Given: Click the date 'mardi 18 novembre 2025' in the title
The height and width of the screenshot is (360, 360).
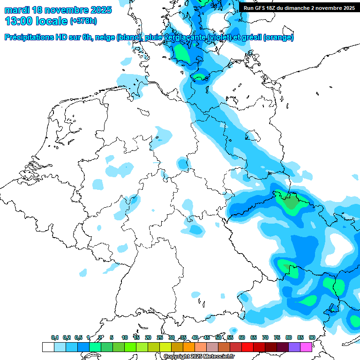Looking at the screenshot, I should pyautogui.click(x=58, y=10).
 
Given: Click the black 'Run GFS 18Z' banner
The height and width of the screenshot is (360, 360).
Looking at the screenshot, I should pyautogui.click(x=299, y=8).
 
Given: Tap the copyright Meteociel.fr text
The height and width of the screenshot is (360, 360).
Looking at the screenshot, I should pyautogui.click(x=199, y=356).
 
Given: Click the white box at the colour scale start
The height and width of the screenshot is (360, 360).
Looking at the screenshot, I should pyautogui.click(x=48, y=347).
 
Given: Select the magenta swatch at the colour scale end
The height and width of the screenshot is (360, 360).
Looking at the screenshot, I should pyautogui.click(x=306, y=347).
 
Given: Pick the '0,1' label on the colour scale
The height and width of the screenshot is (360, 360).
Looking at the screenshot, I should pyautogui.click(x=55, y=337).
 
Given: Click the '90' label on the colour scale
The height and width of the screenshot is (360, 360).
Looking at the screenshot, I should pyautogui.click(x=312, y=337).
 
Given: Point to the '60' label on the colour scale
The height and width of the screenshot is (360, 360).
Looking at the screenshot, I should pyautogui.click(x=242, y=337).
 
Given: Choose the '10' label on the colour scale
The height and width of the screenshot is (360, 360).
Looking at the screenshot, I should pyautogui.click(x=125, y=337).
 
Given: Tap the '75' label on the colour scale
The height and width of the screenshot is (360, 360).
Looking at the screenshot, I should pyautogui.click(x=277, y=337).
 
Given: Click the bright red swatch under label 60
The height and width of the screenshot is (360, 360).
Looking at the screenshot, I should pyautogui.click(x=247, y=347).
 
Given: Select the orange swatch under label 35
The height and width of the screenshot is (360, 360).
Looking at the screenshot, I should pyautogui.click(x=189, y=347).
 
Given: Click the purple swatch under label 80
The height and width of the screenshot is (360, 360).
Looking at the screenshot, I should pyautogui.click(x=294, y=347).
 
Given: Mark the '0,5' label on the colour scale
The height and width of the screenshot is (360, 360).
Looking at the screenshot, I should pyautogui.click(x=78, y=337).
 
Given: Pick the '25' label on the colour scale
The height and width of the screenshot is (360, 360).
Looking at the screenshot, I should pyautogui.click(x=160, y=337).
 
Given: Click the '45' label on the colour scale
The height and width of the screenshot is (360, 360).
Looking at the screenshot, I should pyautogui.click(x=207, y=337).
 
